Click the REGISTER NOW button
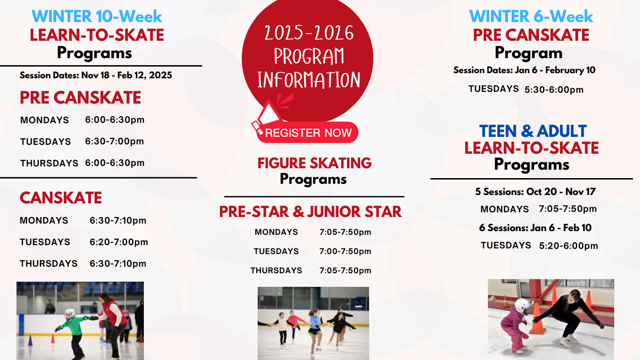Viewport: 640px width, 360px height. click(307, 133)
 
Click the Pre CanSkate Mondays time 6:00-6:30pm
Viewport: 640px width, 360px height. click(115, 120)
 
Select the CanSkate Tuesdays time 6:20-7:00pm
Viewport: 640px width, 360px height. click(119, 242)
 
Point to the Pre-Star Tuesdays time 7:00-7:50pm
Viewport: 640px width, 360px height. click(345, 251)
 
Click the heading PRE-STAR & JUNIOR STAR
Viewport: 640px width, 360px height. click(310, 212)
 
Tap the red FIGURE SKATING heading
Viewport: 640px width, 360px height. click(314, 163)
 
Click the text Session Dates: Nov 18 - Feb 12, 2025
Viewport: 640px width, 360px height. click(96, 75)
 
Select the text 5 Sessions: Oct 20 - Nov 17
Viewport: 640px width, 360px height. click(535, 192)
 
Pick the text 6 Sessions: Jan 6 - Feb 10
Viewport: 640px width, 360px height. click(535, 228)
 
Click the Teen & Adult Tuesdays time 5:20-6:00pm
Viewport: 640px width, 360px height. click(568, 246)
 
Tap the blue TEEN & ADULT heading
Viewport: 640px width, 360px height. click(533, 131)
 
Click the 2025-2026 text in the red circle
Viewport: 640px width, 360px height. click(309, 33)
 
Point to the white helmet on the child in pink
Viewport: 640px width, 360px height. click(522, 306)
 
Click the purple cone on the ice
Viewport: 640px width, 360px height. click(30, 340)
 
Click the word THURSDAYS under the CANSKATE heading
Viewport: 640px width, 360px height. click(49, 263)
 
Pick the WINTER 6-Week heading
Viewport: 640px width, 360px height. click(531, 16)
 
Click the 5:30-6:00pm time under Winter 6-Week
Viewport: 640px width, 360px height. click(554, 90)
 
